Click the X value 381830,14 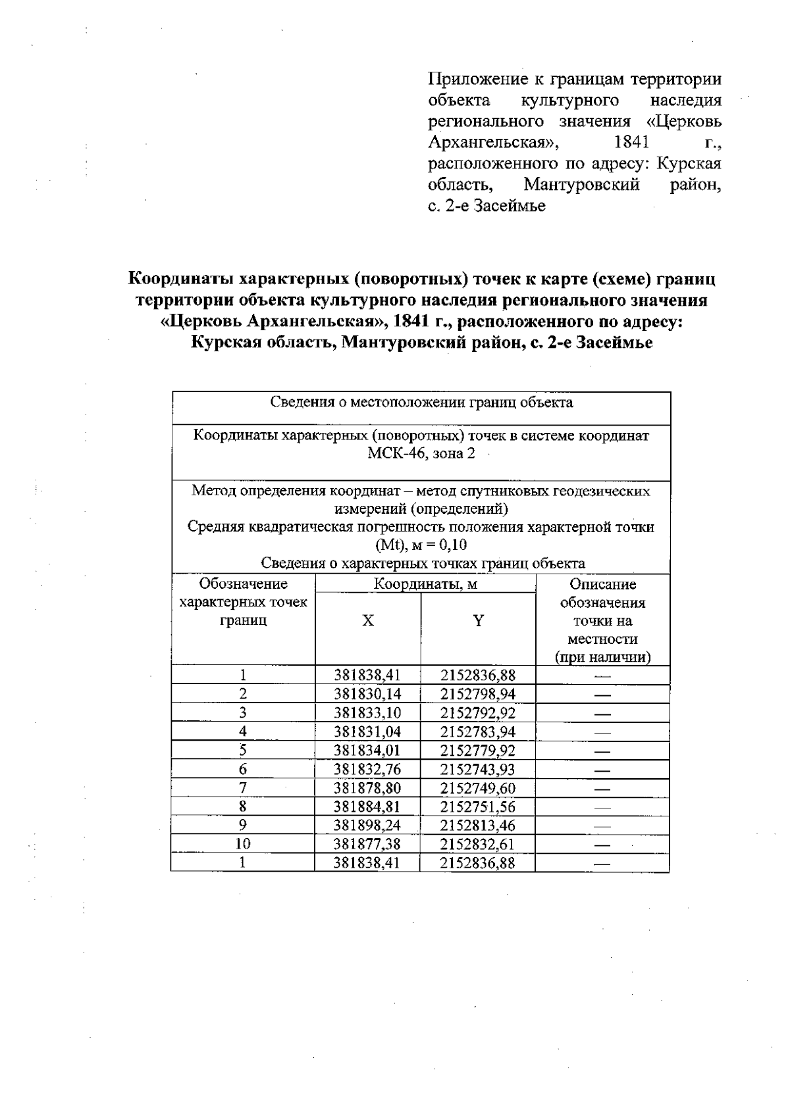point(367,694)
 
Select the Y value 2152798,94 point(478,694)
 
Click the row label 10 point(243,844)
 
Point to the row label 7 point(243,787)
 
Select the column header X point(368,620)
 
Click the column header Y point(479,620)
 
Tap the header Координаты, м point(425,583)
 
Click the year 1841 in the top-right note point(631,142)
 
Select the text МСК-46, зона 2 point(421,454)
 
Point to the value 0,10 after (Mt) point(450,545)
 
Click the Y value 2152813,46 point(478,826)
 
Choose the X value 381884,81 point(367,806)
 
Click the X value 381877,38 point(367,844)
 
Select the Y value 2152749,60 point(478,788)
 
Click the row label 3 point(243,712)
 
